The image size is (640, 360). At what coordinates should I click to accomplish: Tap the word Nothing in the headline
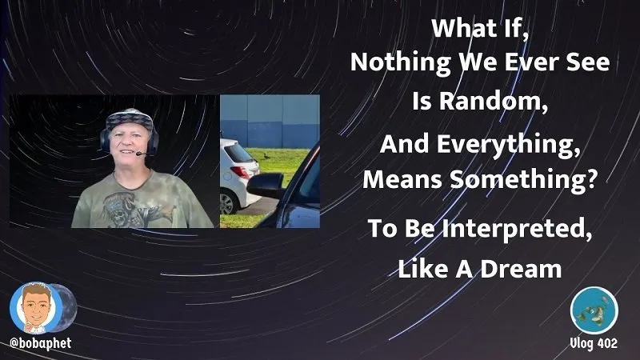point(401,62)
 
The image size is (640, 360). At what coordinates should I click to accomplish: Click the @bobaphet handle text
point(41,343)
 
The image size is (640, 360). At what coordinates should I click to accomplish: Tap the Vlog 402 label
point(594,343)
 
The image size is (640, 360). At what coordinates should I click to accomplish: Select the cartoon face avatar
point(36,308)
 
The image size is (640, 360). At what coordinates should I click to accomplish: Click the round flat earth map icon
point(594,310)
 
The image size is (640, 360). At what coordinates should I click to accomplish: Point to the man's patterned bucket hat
point(130,119)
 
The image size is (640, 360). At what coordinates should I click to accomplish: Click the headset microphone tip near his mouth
point(139,154)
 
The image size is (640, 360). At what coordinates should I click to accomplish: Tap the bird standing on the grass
point(266,156)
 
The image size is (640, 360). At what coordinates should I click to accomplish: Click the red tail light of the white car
point(242,173)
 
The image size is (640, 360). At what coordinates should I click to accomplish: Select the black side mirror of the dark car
point(266,185)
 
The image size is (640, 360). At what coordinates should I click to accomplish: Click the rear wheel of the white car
point(226,203)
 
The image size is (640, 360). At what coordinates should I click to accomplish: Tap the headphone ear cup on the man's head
point(106,142)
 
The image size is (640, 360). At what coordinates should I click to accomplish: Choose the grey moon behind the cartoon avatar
point(66,307)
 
